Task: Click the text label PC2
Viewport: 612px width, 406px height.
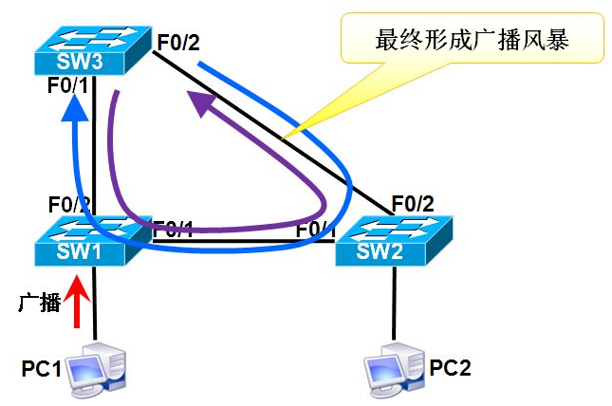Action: tap(452, 366)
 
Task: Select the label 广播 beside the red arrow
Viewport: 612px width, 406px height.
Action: tap(40, 303)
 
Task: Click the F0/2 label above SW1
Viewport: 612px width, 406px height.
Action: tap(69, 203)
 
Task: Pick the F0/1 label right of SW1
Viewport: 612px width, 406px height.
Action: tap(174, 228)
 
